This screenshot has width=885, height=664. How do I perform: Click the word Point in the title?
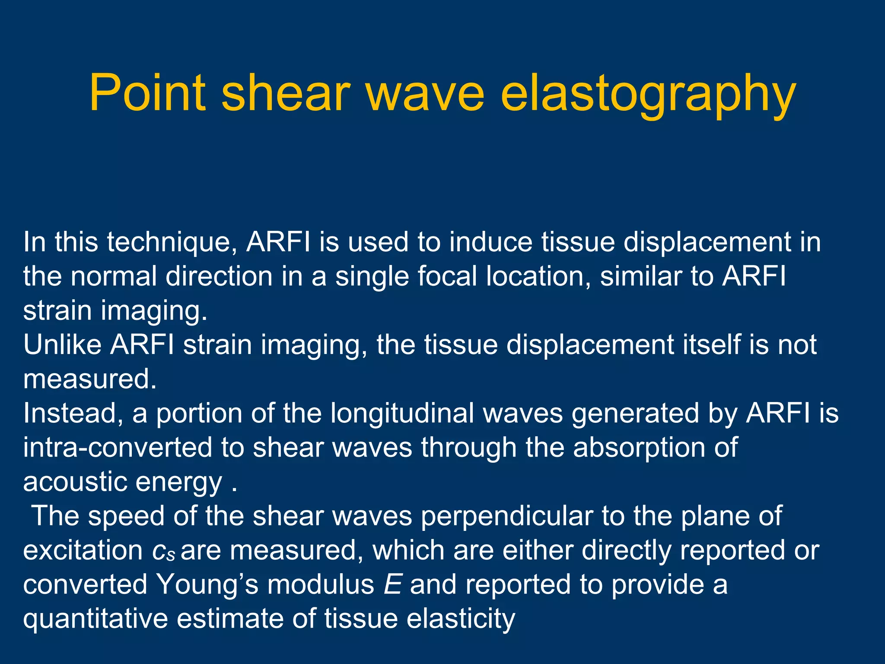pyautogui.click(x=147, y=93)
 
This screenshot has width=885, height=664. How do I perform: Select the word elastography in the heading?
pyautogui.click(x=648, y=93)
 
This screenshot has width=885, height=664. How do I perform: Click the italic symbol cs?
pyautogui.click(x=164, y=551)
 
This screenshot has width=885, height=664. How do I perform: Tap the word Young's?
pyautogui.click(x=207, y=584)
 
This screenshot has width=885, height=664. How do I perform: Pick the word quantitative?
pyautogui.click(x=96, y=619)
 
